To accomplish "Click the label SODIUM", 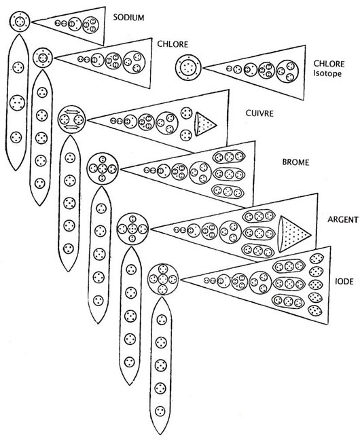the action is tap(128, 18).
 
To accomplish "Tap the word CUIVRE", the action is tap(259, 113).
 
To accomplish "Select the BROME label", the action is tap(295, 162).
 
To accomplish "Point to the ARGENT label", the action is tap(343, 219).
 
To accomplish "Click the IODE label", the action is tap(344, 281).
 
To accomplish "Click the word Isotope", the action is tap(327, 74).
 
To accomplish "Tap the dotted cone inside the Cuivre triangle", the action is tap(206, 124).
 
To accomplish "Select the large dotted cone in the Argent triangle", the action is tap(294, 234).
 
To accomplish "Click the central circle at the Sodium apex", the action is tap(20, 21).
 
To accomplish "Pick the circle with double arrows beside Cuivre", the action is tap(71, 119).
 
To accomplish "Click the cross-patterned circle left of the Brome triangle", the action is tap(103, 169).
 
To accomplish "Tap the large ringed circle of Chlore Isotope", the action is tap(188, 68).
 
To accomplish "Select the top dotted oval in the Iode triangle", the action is tap(316, 259).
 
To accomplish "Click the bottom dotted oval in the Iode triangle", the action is tap(315, 311).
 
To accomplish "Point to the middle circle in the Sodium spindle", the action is tap(17, 103).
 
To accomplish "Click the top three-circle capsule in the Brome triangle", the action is tap(229, 156).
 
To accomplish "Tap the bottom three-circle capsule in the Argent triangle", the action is tap(258, 251).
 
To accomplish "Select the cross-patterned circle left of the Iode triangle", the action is tap(163, 279).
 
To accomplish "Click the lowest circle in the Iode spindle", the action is tap(160, 410).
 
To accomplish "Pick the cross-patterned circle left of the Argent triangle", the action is tap(132, 229).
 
